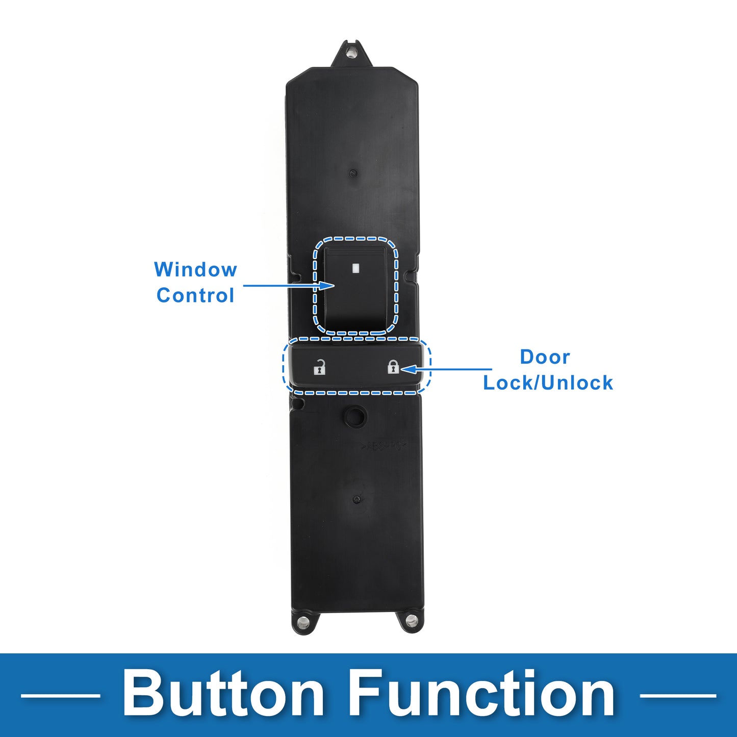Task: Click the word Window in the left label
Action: (195, 270)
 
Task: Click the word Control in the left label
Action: (195, 295)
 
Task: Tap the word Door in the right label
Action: (545, 357)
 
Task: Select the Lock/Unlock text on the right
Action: (548, 383)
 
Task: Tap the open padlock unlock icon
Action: (319, 367)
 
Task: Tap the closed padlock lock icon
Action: (393, 366)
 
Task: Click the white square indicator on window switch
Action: (355, 268)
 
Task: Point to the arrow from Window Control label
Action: (289, 285)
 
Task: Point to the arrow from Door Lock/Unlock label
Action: (446, 369)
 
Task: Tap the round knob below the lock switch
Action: (355, 416)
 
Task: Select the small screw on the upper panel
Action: (352, 173)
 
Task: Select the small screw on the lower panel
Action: (357, 499)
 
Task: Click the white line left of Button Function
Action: (60, 696)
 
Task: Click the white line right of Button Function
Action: (678, 696)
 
